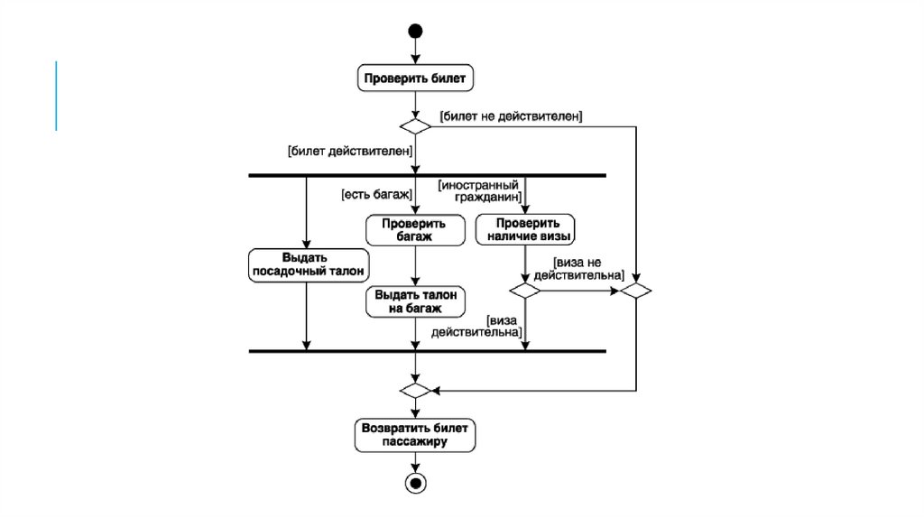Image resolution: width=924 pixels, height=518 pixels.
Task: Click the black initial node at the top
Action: (415, 32)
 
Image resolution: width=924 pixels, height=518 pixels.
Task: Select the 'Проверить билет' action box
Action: (415, 79)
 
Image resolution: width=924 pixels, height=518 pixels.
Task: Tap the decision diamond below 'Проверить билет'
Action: (415, 125)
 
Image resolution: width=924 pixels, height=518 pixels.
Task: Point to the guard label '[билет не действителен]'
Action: (511, 116)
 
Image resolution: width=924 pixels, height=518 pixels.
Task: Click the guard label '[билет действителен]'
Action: (350, 151)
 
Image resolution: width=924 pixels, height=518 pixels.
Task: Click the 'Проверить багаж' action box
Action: (413, 229)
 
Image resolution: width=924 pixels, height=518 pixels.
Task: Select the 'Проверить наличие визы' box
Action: (525, 229)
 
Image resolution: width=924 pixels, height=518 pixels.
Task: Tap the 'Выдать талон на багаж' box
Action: (415, 301)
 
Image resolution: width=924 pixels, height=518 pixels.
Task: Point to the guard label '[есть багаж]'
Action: (376, 193)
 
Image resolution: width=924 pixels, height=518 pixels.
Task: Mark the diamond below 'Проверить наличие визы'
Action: (525, 291)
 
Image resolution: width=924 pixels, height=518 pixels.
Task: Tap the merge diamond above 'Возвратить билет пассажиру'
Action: (415, 391)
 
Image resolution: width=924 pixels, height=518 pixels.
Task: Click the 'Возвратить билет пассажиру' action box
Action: (415, 435)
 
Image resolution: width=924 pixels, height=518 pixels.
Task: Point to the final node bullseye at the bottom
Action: (415, 483)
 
